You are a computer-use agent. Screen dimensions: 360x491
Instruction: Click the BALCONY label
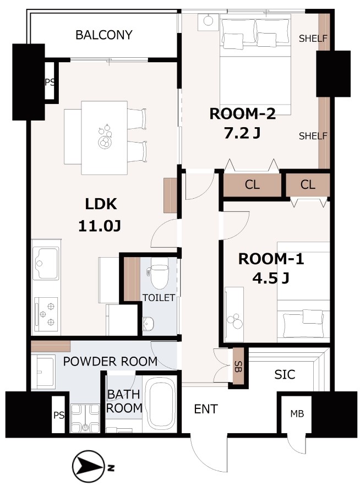coord(104,35)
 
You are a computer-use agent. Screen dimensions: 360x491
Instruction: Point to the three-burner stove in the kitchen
coord(46,314)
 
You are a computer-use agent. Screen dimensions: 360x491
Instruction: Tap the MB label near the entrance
coord(297,414)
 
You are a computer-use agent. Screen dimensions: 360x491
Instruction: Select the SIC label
coord(285,374)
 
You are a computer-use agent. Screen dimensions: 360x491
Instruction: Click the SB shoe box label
coord(238,367)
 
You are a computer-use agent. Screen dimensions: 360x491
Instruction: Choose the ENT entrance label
coord(206,409)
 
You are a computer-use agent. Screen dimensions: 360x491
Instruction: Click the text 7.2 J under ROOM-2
coord(242,134)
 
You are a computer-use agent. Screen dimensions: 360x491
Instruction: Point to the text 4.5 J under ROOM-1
coord(270,278)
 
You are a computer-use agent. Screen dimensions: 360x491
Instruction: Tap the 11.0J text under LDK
coord(100,226)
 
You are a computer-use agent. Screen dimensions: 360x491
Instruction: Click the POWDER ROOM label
coord(110,361)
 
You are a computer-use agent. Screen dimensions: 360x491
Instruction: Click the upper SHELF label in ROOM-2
coord(313,39)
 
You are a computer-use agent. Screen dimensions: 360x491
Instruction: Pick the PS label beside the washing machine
coord(59,415)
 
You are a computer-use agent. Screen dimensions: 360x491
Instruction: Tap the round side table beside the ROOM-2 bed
coord(208,21)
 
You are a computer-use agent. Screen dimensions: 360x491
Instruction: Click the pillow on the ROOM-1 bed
coord(313,317)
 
